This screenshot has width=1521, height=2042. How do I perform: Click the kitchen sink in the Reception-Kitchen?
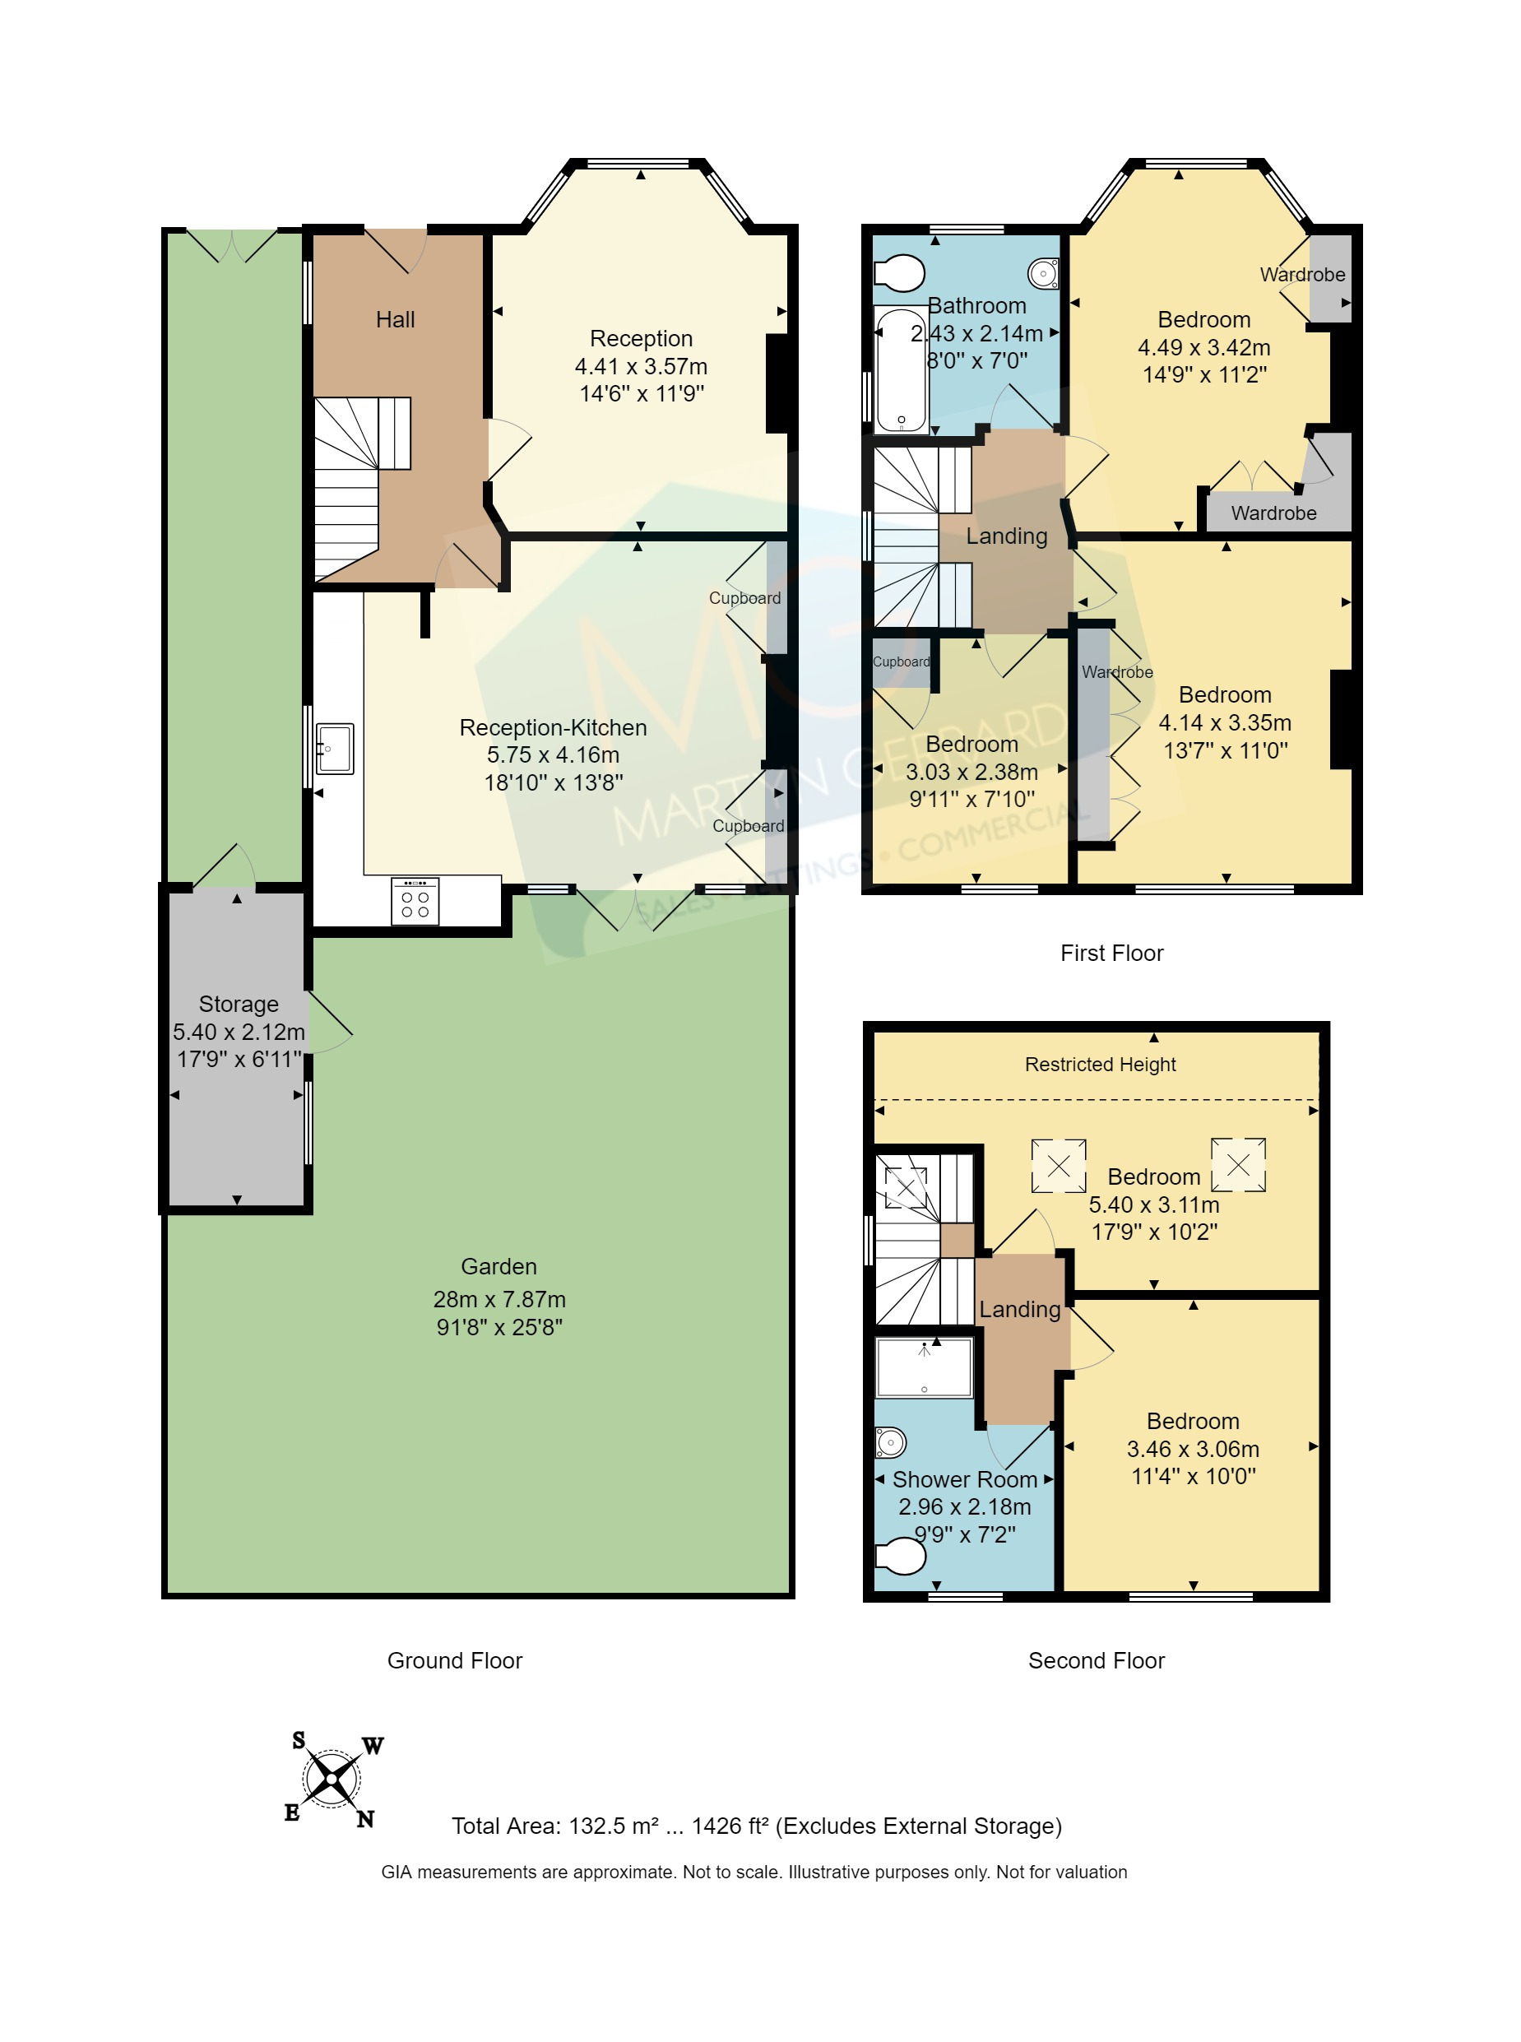(x=334, y=748)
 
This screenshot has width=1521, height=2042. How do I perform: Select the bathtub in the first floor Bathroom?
(x=901, y=371)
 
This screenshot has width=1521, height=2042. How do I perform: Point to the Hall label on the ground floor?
(x=395, y=319)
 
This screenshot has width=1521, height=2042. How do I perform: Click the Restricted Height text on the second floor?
(x=1101, y=1065)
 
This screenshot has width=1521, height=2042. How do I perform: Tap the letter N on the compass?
(x=365, y=1819)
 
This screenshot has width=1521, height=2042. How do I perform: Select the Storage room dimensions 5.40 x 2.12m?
(x=239, y=1032)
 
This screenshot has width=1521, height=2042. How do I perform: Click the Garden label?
(x=498, y=1267)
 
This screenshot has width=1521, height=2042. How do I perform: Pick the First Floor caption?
(x=1111, y=953)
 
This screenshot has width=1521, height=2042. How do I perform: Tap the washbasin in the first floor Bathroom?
(x=1044, y=273)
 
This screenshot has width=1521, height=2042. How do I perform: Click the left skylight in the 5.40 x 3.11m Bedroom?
(x=1059, y=1166)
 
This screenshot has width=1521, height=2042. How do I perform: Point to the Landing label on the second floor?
(x=1019, y=1309)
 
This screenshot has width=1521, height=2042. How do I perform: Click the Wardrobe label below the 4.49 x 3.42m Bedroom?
(x=1273, y=513)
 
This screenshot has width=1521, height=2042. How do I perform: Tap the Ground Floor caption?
(x=454, y=1661)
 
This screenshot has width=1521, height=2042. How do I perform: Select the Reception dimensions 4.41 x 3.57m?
(x=641, y=366)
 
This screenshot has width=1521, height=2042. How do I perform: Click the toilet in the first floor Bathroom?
(x=901, y=273)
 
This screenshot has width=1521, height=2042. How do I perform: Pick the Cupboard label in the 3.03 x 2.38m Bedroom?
(x=901, y=662)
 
